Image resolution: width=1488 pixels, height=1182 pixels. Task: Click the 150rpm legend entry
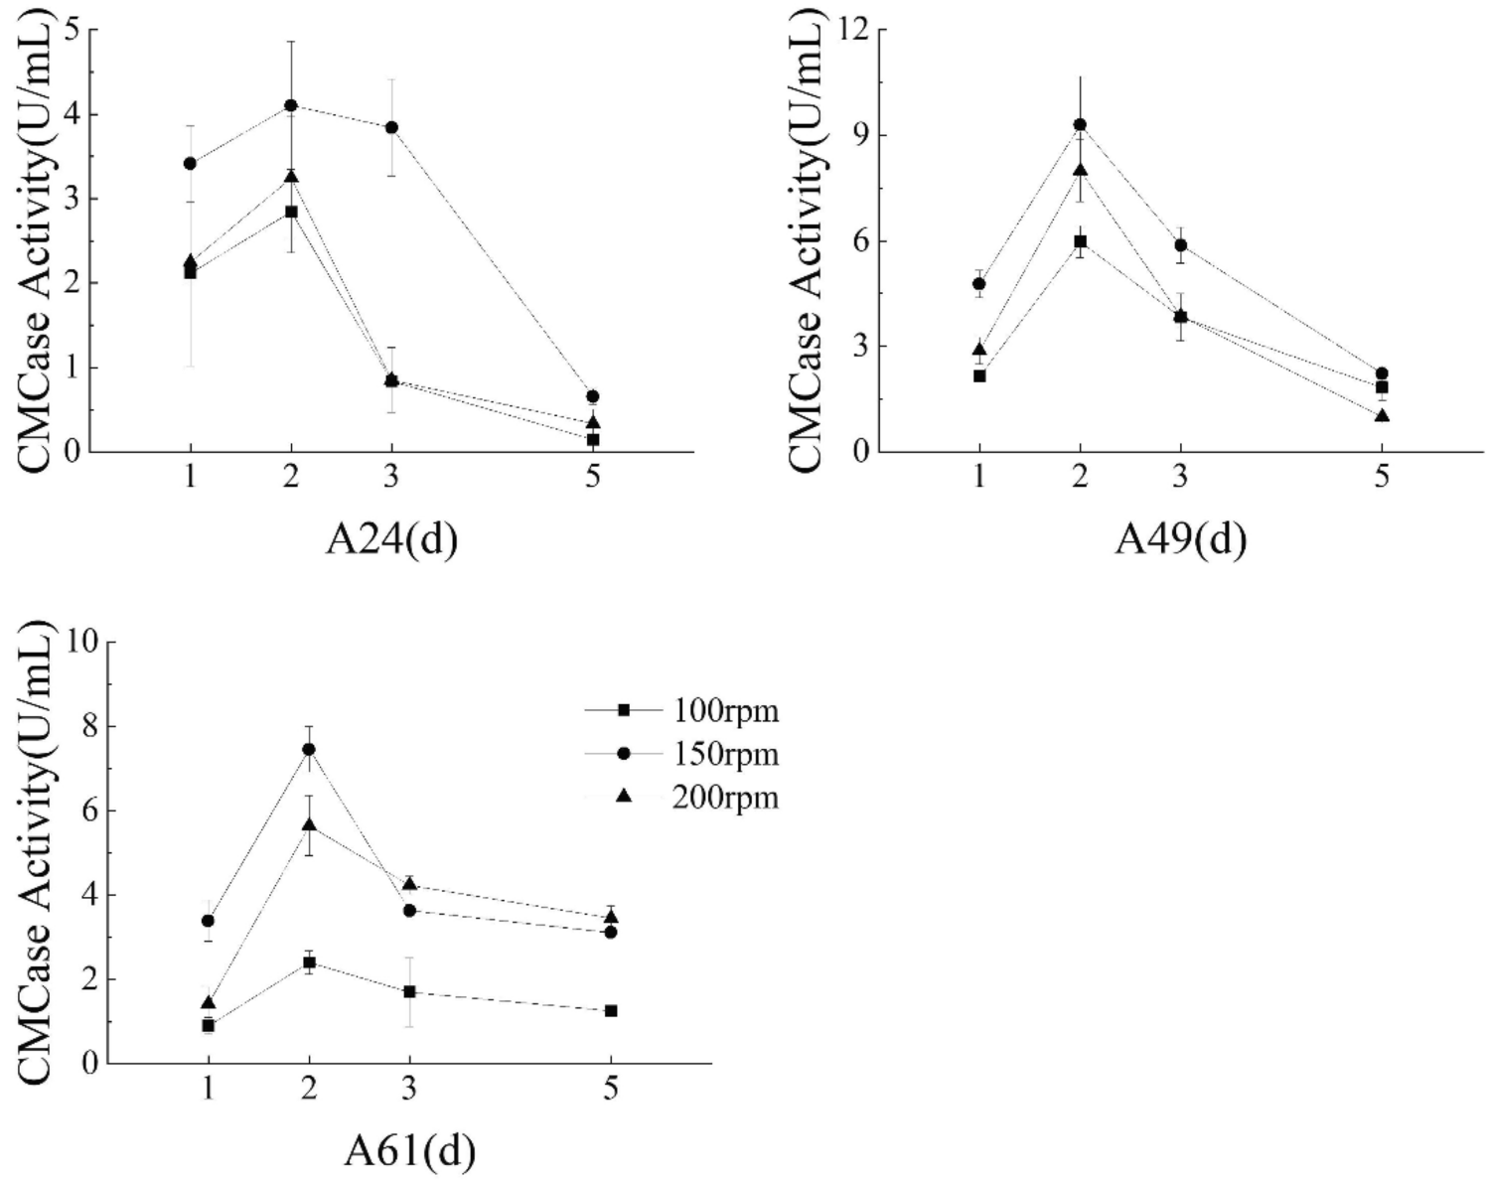[x=724, y=755]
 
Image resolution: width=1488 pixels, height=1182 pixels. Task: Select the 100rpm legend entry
[x=724, y=711]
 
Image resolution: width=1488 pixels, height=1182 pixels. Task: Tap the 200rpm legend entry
[x=724, y=798]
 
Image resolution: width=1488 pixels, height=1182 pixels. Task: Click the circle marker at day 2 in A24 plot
[x=291, y=105]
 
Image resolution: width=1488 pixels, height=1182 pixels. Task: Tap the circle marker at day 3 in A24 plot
[x=391, y=127]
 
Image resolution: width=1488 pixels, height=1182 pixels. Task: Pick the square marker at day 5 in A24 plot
[x=593, y=439]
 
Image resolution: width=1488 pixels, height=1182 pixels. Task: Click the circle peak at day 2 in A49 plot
[x=1080, y=124]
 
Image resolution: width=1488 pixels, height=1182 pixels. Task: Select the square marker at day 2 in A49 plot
[x=1080, y=241]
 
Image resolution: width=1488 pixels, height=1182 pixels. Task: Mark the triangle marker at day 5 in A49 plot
[x=1382, y=415]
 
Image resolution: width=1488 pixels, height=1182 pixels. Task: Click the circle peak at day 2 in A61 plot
[x=309, y=749]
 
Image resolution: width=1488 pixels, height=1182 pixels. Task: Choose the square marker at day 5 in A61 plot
[x=611, y=1011]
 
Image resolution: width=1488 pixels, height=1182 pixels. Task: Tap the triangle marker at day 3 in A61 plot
[x=409, y=884]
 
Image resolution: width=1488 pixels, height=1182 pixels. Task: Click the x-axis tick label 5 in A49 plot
[x=1382, y=476]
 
